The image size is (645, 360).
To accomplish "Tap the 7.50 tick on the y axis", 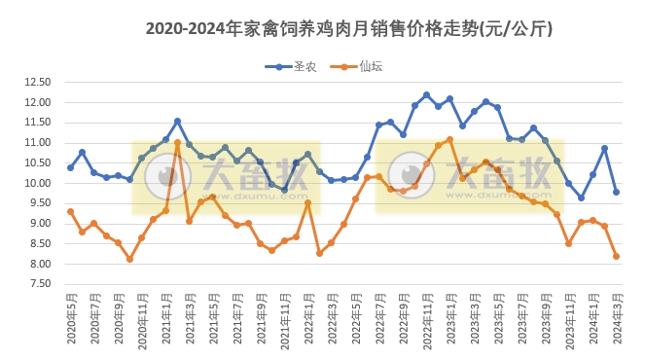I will (37, 284).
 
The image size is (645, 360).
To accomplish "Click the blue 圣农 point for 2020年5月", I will (70, 167).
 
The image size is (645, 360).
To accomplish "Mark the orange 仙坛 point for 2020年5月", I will (70, 211).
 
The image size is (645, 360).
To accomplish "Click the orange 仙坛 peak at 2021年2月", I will (177, 143).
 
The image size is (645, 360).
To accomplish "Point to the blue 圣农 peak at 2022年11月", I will (426, 94).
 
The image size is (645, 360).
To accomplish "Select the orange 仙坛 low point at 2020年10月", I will (129, 259).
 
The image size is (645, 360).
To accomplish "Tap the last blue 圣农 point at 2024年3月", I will (616, 192).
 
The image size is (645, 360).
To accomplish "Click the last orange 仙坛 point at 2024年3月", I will (616, 256).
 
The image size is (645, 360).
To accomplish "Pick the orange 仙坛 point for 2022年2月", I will (319, 253).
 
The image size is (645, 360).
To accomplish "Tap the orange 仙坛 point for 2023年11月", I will (568, 243).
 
